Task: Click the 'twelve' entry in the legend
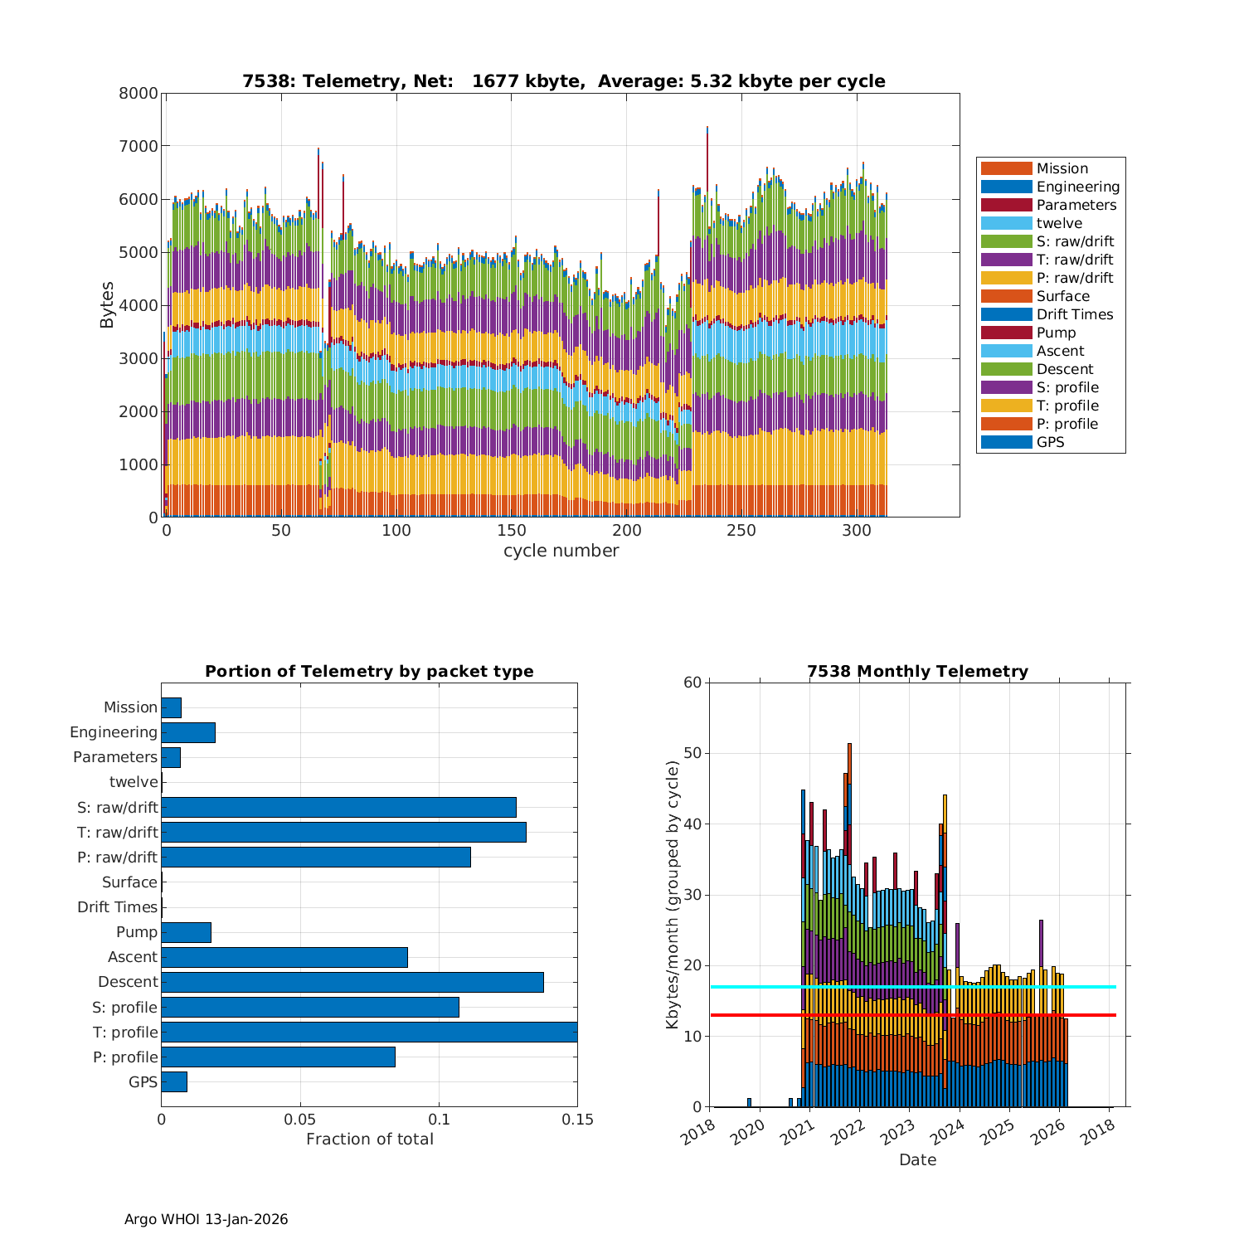click(1059, 223)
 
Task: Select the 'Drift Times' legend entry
click(1074, 314)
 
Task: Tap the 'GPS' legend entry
click(1050, 442)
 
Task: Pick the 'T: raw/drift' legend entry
click(1075, 260)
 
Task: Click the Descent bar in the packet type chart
click(352, 982)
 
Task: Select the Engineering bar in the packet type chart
click(188, 732)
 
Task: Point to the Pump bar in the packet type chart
click(186, 932)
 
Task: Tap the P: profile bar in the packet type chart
click(278, 1057)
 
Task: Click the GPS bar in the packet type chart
click(174, 1081)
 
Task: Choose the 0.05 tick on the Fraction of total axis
click(300, 1119)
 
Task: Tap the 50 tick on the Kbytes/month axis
click(692, 754)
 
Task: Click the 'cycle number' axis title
click(561, 551)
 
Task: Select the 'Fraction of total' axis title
click(369, 1139)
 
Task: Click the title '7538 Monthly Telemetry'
click(917, 671)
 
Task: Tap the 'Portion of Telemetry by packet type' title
click(369, 671)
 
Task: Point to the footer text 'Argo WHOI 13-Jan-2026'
click(206, 1219)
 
